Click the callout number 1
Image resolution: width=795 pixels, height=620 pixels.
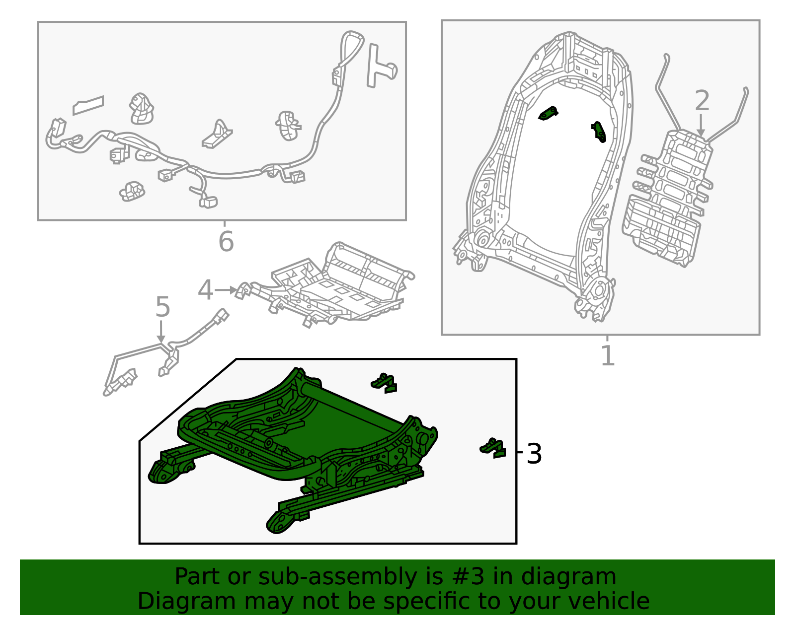[607, 355]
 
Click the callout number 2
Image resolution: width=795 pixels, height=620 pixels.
[702, 100]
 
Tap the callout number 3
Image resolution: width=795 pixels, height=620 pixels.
[534, 454]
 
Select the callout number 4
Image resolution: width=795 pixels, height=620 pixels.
[205, 290]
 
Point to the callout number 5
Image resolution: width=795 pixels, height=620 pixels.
[163, 307]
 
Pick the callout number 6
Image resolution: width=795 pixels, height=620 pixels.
[226, 241]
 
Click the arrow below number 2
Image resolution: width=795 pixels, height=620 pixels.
[701, 125]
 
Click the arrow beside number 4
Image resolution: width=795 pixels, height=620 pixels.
[226, 290]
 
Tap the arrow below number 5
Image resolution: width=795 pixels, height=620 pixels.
[161, 333]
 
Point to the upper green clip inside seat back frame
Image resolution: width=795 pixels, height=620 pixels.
[548, 113]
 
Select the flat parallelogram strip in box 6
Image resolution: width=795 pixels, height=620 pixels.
[88, 105]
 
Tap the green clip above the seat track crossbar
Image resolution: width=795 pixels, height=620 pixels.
[384, 383]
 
